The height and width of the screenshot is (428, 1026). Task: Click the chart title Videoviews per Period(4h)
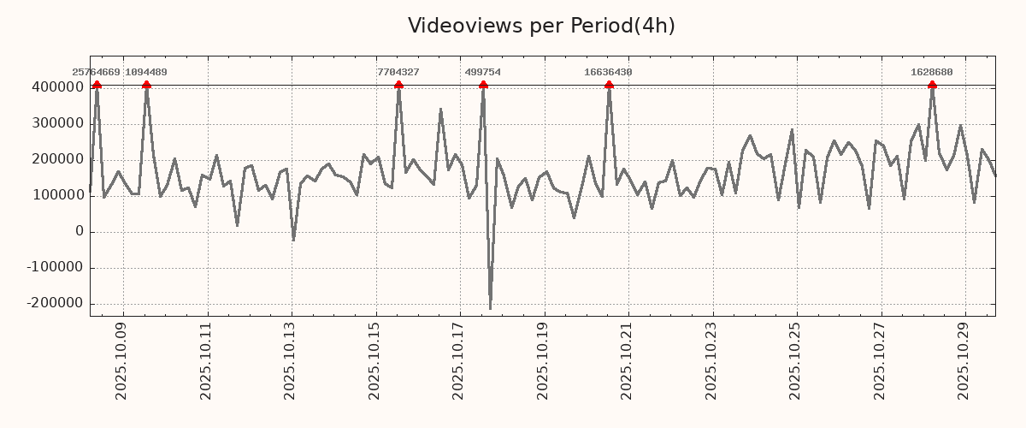pos(541,26)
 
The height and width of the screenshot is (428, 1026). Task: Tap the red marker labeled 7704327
pos(398,85)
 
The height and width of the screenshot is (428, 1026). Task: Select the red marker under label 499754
pos(483,85)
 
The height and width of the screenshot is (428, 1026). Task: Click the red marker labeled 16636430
pos(609,85)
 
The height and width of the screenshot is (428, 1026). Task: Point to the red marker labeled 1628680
pos(932,85)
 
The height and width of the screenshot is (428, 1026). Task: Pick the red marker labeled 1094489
pos(146,85)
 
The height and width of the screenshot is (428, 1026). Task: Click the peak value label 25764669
pos(96,73)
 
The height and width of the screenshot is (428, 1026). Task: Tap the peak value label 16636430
pos(608,73)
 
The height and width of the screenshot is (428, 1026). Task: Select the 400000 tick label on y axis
pos(57,87)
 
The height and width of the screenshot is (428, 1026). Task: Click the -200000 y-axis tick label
pos(54,303)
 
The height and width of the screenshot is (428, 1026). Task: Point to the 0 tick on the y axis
pos(80,231)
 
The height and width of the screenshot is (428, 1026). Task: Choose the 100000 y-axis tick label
pos(57,195)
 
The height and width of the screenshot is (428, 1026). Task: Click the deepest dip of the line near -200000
pos(490,308)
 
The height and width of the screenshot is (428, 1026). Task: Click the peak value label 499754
pos(482,73)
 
